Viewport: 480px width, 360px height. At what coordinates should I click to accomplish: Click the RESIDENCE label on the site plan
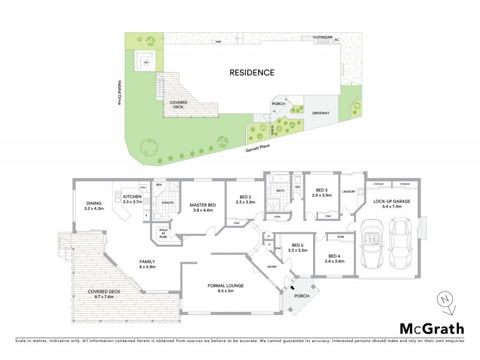252,73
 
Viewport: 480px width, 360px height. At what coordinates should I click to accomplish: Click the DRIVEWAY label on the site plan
322,112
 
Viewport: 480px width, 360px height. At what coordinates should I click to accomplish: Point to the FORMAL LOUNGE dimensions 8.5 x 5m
225,292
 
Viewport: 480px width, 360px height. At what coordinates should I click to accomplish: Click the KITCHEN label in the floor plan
132,197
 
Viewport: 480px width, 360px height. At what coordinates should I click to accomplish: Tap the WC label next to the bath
297,187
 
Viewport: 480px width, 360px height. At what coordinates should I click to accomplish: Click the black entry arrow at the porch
293,289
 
